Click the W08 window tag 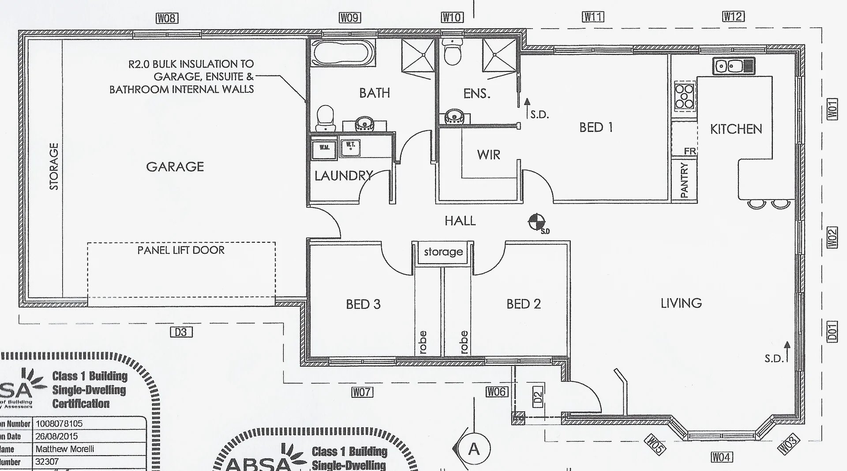(x=167, y=18)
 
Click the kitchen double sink (x=734, y=66)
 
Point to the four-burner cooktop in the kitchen (x=684, y=97)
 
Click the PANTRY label (x=684, y=180)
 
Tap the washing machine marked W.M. (x=324, y=149)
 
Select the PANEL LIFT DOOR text (x=181, y=250)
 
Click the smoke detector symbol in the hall (x=536, y=222)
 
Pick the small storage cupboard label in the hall (x=443, y=252)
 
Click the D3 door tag (x=181, y=332)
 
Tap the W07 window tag (x=362, y=392)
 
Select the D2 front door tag (x=537, y=398)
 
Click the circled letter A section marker (x=473, y=449)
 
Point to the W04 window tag (x=722, y=457)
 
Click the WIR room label (x=488, y=155)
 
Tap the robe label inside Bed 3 (x=423, y=342)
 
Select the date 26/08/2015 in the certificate (x=56, y=436)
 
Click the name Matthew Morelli (x=65, y=449)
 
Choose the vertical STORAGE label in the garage (x=54, y=166)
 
